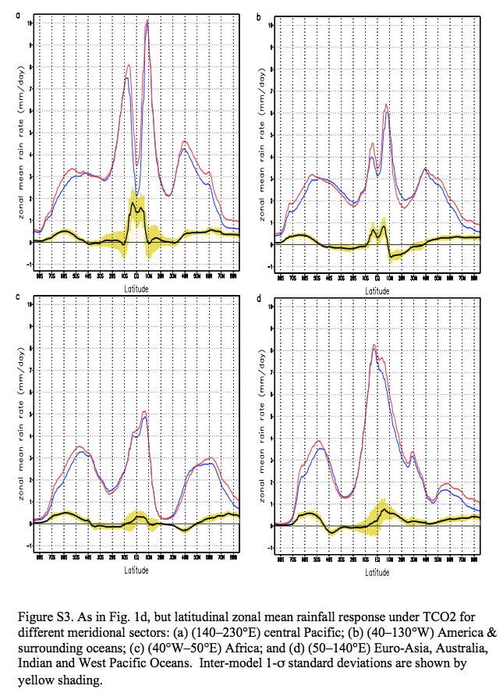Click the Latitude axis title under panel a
[136, 287]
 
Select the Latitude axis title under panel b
[377, 290]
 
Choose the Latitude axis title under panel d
[377, 572]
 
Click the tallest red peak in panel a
[147, 21]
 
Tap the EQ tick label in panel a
[136, 275]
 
